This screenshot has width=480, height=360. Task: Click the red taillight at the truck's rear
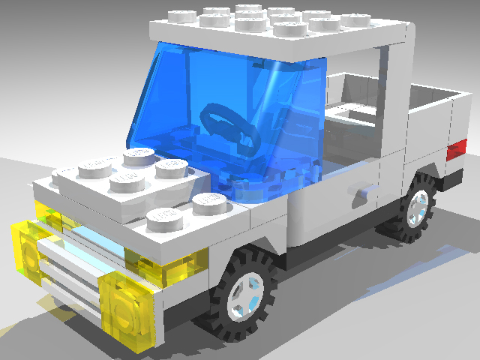pos(456,149)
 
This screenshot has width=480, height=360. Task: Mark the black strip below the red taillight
pos(454,177)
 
